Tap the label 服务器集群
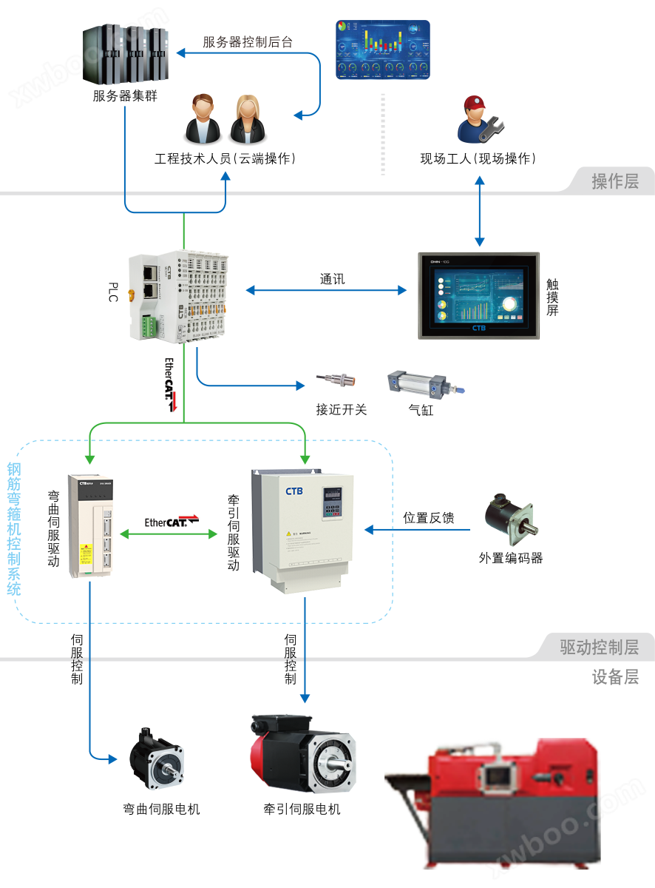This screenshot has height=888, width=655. pos(125,96)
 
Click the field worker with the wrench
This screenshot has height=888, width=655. pos(477,119)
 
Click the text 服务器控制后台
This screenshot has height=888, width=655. pos(248,42)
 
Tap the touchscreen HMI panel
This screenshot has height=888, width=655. pos(479,295)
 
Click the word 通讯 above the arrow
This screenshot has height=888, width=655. pos(332,279)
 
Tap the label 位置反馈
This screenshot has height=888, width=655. pos(428,517)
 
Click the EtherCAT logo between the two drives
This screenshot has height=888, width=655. pos(172,522)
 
